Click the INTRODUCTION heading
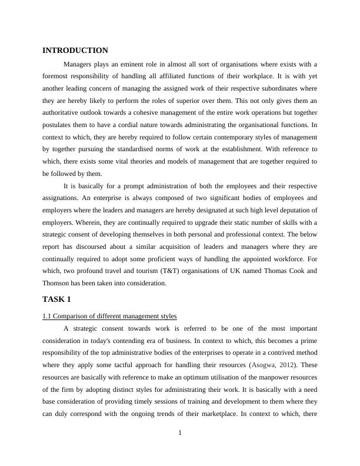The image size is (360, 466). click(x=75, y=51)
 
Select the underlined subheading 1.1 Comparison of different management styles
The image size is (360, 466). click(x=109, y=317)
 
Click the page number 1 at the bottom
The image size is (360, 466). click(x=180, y=434)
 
